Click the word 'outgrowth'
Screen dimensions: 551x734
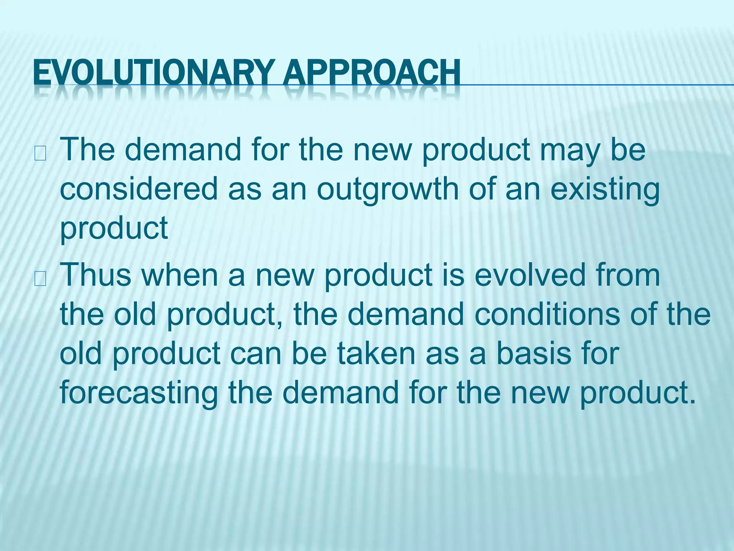click(387, 190)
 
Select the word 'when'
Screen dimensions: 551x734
click(180, 275)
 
